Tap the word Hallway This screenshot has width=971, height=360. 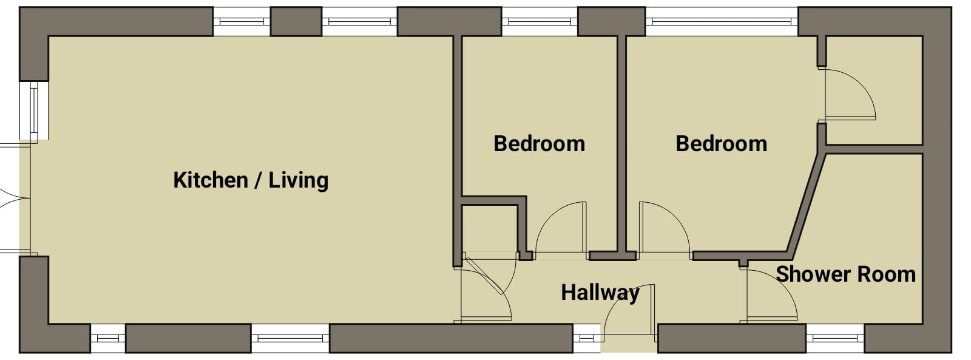pos(600,293)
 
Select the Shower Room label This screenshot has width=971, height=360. pos(846,274)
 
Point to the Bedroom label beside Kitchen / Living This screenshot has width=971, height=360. pos(540,144)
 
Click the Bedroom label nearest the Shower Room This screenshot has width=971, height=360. pos(722,144)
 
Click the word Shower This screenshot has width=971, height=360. pos(808,274)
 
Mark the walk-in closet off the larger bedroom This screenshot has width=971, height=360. pos(874,90)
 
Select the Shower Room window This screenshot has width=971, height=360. pos(835,338)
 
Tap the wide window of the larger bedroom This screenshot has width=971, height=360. pos(722,21)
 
